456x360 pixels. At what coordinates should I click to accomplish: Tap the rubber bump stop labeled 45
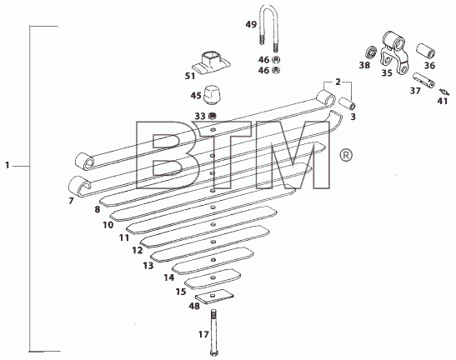tap(212, 95)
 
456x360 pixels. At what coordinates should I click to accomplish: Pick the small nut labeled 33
tap(213, 117)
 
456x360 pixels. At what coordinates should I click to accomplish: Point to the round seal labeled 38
tap(370, 52)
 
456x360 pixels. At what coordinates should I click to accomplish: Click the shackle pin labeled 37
tap(423, 81)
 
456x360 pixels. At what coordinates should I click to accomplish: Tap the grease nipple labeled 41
tap(444, 92)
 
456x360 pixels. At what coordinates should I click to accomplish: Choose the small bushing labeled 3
tap(347, 102)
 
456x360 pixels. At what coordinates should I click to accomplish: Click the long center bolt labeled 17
tap(213, 332)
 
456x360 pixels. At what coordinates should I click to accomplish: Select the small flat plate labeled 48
tap(214, 297)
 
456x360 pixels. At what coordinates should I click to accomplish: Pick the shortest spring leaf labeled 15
tap(213, 278)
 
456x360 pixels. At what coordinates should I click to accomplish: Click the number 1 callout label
tap(8, 166)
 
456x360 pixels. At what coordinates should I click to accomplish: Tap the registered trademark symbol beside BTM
tap(346, 155)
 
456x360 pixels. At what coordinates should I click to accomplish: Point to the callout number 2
tap(338, 82)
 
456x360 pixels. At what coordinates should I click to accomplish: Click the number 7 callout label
tap(71, 201)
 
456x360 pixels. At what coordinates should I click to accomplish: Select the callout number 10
tap(108, 224)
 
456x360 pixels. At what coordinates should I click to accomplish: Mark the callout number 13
tap(148, 265)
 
